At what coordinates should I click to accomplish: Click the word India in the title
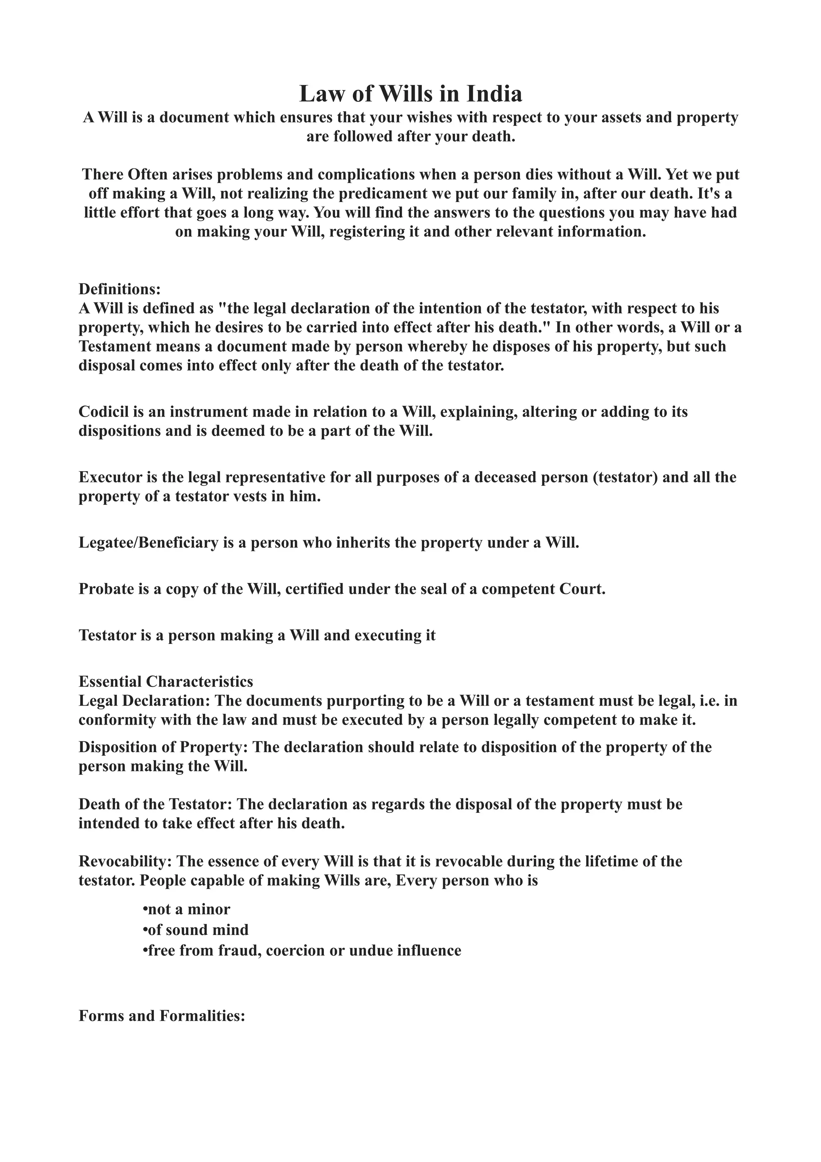(x=494, y=94)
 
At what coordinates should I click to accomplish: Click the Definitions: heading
(x=119, y=289)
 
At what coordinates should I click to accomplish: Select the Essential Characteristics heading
(x=166, y=682)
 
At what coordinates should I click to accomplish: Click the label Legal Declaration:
(x=144, y=701)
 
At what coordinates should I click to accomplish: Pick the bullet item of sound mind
(x=196, y=930)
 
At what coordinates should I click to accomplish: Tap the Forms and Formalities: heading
(x=162, y=1016)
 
